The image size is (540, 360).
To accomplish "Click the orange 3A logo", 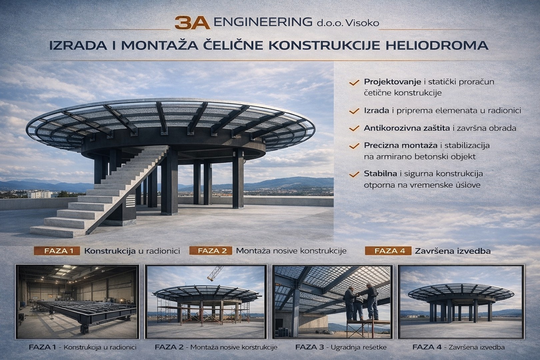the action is click(192, 23).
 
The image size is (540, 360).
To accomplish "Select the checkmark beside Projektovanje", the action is click(354, 83).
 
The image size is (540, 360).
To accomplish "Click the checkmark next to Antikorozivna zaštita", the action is click(354, 128).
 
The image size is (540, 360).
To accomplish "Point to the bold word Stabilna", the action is click(380, 174).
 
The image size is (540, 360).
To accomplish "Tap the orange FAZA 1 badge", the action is click(57, 251).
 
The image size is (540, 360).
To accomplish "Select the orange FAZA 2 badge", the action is click(211, 251).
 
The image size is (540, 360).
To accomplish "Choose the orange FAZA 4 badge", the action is click(388, 251).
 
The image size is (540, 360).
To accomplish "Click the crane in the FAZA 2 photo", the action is click(215, 273).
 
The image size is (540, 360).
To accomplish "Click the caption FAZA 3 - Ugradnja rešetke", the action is click(341, 347).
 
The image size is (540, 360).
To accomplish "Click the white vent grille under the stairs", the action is click(131, 201).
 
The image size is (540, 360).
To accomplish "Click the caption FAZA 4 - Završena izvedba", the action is click(459, 347).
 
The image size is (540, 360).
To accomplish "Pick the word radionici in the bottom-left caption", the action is click(123, 347).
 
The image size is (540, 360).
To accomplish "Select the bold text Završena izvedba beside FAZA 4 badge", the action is click(453, 251).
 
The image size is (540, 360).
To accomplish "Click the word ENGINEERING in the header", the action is click(263, 22).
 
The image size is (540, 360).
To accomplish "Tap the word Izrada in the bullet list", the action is click(377, 111).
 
